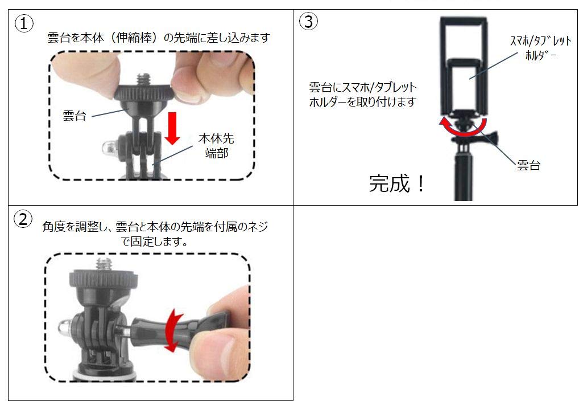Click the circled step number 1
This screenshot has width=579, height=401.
pyautogui.click(x=24, y=23)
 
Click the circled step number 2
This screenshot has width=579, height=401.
pyautogui.click(x=23, y=220)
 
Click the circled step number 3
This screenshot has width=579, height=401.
pyautogui.click(x=308, y=22)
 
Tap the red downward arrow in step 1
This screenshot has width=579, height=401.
pyautogui.click(x=173, y=129)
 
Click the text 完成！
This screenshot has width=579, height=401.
pyautogui.click(x=396, y=183)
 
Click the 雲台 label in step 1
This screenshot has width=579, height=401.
pyautogui.click(x=74, y=116)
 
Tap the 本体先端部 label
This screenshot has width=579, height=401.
pyautogui.click(x=216, y=146)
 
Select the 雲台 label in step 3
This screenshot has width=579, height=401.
pyautogui.click(x=528, y=165)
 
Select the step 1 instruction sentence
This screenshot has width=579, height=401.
pyautogui.click(x=158, y=38)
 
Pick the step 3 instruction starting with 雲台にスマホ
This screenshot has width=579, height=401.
pyautogui.click(x=363, y=95)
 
